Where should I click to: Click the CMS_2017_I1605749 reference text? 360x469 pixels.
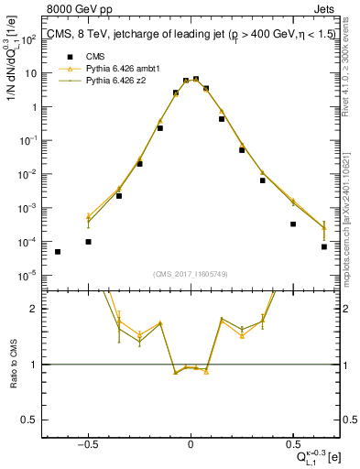pyautogui.click(x=191, y=275)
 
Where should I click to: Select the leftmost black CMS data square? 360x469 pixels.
pyautogui.click(x=58, y=252)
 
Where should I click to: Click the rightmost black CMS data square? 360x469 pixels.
pyautogui.click(x=324, y=246)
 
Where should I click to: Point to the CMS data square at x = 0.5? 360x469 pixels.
pyautogui.click(x=293, y=224)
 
